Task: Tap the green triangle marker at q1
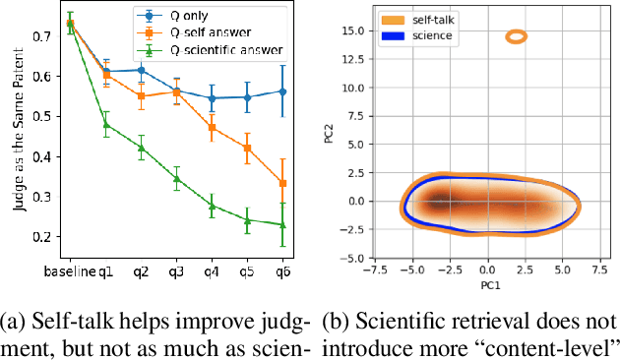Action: point(107,124)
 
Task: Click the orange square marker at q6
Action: point(283,183)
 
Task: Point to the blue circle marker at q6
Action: point(283,90)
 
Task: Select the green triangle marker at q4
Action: point(213,206)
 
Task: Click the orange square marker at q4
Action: point(213,127)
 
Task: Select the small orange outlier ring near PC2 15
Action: point(517,36)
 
